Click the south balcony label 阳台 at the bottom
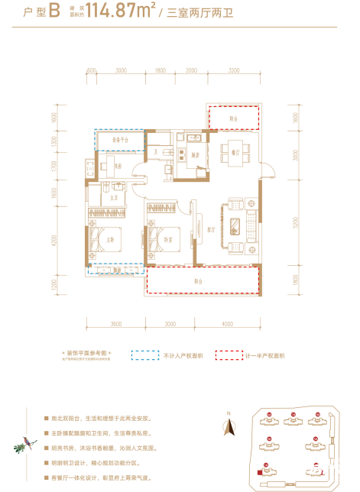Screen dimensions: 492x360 198,281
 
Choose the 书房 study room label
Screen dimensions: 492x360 118,166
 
